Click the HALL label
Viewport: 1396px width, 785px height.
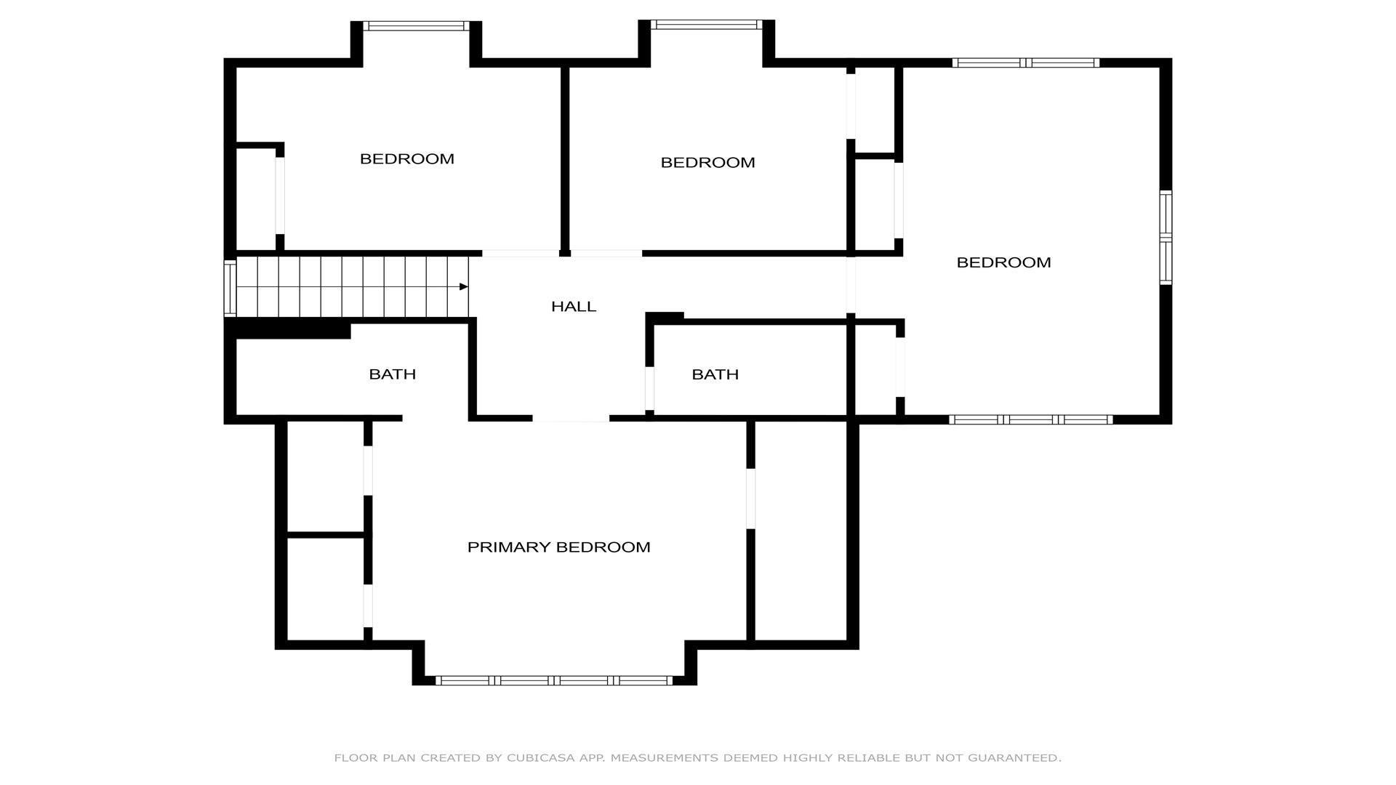(x=574, y=307)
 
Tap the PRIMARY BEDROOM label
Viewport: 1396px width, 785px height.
(x=558, y=547)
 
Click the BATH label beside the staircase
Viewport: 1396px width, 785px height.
(x=393, y=374)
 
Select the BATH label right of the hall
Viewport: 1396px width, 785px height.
(x=715, y=374)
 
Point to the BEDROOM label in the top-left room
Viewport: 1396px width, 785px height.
(x=407, y=158)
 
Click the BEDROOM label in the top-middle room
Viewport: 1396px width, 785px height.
(x=707, y=163)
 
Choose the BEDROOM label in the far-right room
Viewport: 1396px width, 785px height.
(x=1003, y=262)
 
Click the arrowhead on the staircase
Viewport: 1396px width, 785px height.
(x=464, y=287)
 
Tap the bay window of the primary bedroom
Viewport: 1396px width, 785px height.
(x=554, y=681)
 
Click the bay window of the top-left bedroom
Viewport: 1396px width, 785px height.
(x=416, y=26)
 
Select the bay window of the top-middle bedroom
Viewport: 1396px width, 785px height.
(x=707, y=25)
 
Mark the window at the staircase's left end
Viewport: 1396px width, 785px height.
(x=230, y=288)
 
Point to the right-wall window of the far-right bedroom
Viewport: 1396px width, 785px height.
(x=1166, y=238)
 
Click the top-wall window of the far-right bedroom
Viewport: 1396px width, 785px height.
(x=1026, y=63)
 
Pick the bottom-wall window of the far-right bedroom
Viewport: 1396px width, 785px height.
(x=1031, y=419)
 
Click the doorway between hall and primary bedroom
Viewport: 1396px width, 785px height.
(x=571, y=419)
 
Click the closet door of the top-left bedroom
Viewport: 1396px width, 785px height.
(x=280, y=196)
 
